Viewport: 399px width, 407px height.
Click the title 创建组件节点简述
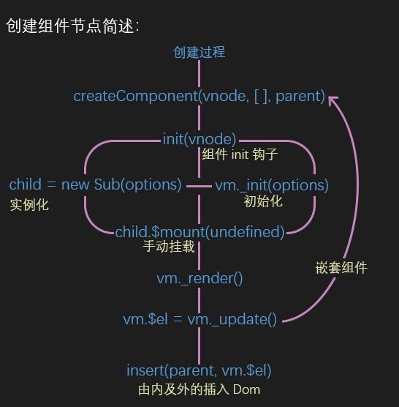click(71, 26)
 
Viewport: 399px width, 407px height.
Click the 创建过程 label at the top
click(199, 52)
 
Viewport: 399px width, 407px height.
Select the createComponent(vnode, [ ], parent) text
click(199, 96)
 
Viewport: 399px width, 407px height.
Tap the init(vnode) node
click(199, 138)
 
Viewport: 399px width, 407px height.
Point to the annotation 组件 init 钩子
click(240, 155)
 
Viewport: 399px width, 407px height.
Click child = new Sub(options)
click(95, 184)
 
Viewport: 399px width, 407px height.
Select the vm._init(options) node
click(271, 185)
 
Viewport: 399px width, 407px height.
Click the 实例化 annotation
click(29, 205)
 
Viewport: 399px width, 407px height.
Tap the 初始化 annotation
click(262, 201)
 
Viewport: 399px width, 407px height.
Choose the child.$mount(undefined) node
click(199, 232)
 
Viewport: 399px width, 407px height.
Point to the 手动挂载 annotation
click(168, 247)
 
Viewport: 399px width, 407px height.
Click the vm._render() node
click(199, 278)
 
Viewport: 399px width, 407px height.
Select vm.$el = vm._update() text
click(199, 319)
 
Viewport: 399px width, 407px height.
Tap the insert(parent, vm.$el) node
click(199, 370)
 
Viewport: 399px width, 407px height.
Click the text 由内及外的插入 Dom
click(199, 389)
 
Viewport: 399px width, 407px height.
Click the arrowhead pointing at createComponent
click(332, 99)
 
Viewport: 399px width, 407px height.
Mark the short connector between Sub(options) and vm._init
click(199, 186)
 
